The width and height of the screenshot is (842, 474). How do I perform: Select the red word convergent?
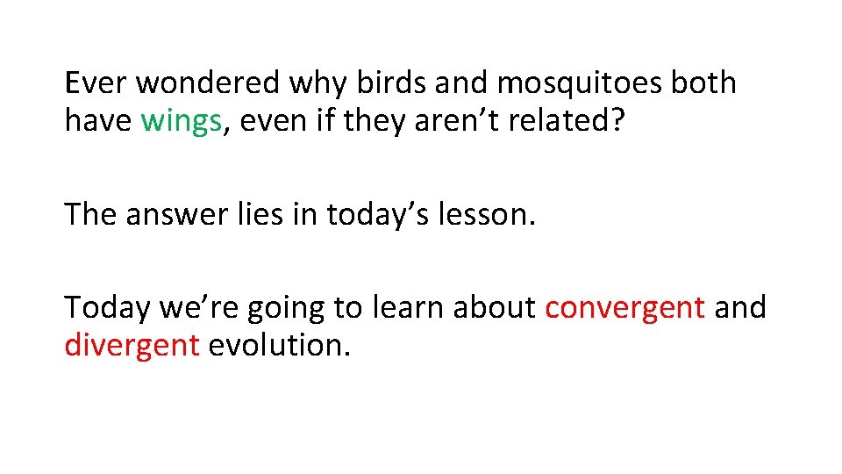click(624, 308)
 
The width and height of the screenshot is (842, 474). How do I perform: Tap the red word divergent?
click(132, 346)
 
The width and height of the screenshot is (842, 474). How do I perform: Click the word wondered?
click(208, 84)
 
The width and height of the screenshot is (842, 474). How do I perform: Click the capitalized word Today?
click(107, 308)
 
